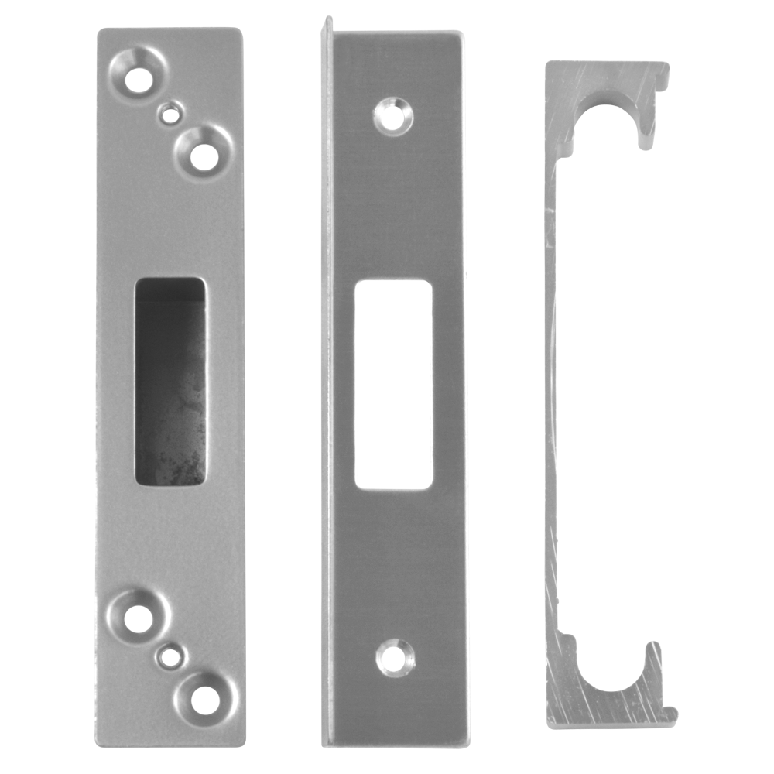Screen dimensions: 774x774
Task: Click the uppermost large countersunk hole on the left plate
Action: coord(139,79)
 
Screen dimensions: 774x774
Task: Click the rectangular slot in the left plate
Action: coord(170,382)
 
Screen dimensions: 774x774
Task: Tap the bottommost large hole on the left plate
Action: coord(204,700)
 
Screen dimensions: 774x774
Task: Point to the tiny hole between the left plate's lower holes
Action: coord(170,658)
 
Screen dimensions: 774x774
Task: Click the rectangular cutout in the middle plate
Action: coord(393,385)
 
